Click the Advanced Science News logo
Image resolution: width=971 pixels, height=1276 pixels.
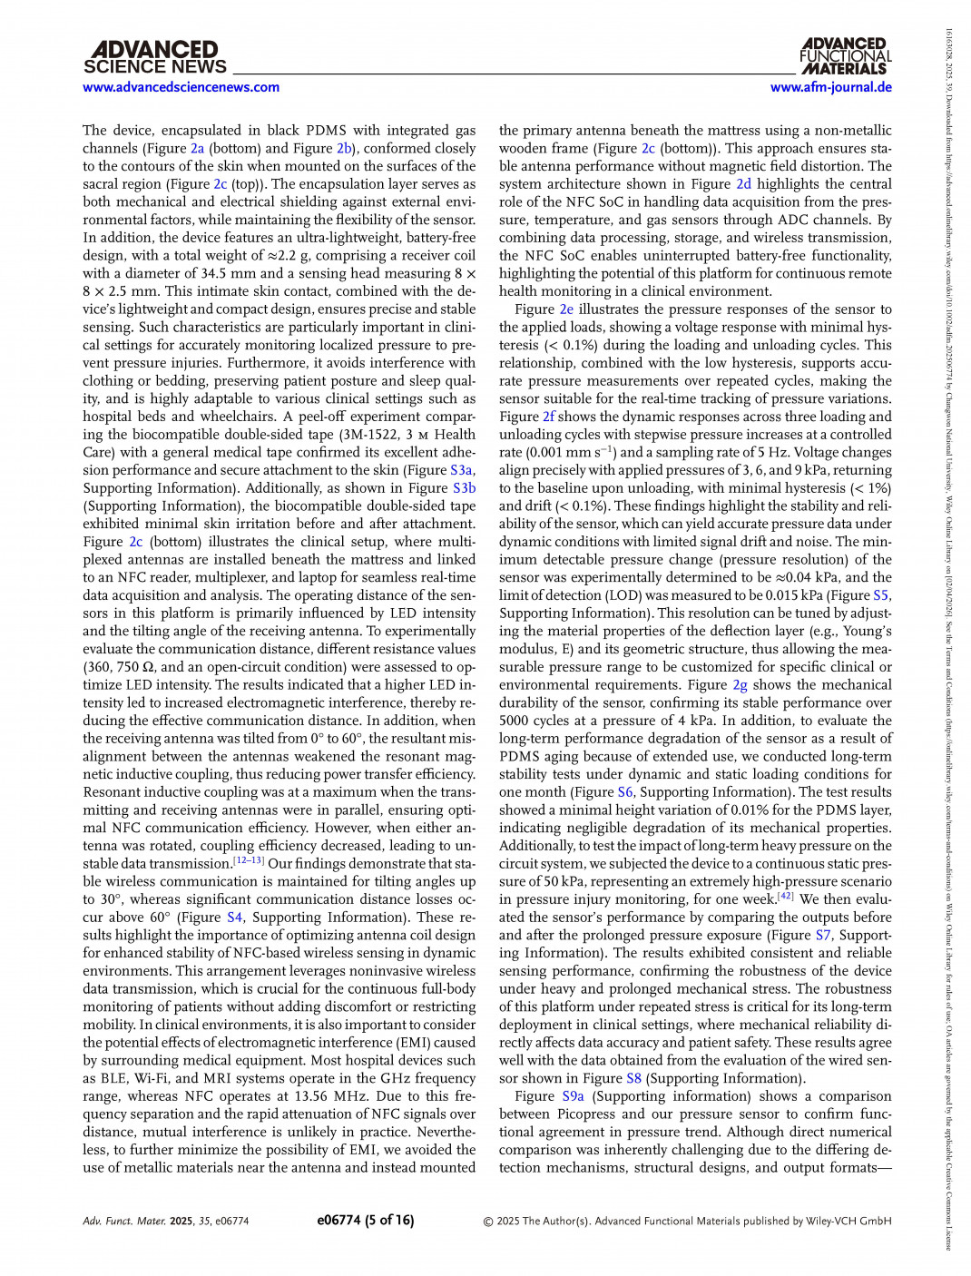click(x=155, y=57)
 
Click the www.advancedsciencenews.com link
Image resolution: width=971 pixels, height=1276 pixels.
click(x=181, y=87)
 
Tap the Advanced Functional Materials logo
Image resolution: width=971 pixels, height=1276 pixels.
click(x=845, y=56)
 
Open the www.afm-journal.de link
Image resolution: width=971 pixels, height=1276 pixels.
click(x=830, y=87)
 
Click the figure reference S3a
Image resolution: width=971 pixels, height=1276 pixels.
click(x=462, y=470)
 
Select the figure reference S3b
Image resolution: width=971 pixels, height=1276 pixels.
click(x=464, y=488)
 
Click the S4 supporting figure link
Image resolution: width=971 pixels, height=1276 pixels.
click(x=235, y=918)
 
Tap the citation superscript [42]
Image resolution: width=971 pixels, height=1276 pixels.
click(x=786, y=897)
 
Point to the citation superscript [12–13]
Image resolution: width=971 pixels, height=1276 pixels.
click(x=248, y=860)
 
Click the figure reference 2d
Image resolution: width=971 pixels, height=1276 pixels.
click(x=743, y=184)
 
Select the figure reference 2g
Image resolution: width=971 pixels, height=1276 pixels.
click(x=741, y=685)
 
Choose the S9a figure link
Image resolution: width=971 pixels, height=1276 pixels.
click(x=573, y=1096)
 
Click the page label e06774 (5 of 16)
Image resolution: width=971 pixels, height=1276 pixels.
click(x=365, y=1221)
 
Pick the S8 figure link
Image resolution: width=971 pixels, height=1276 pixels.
click(x=633, y=1078)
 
